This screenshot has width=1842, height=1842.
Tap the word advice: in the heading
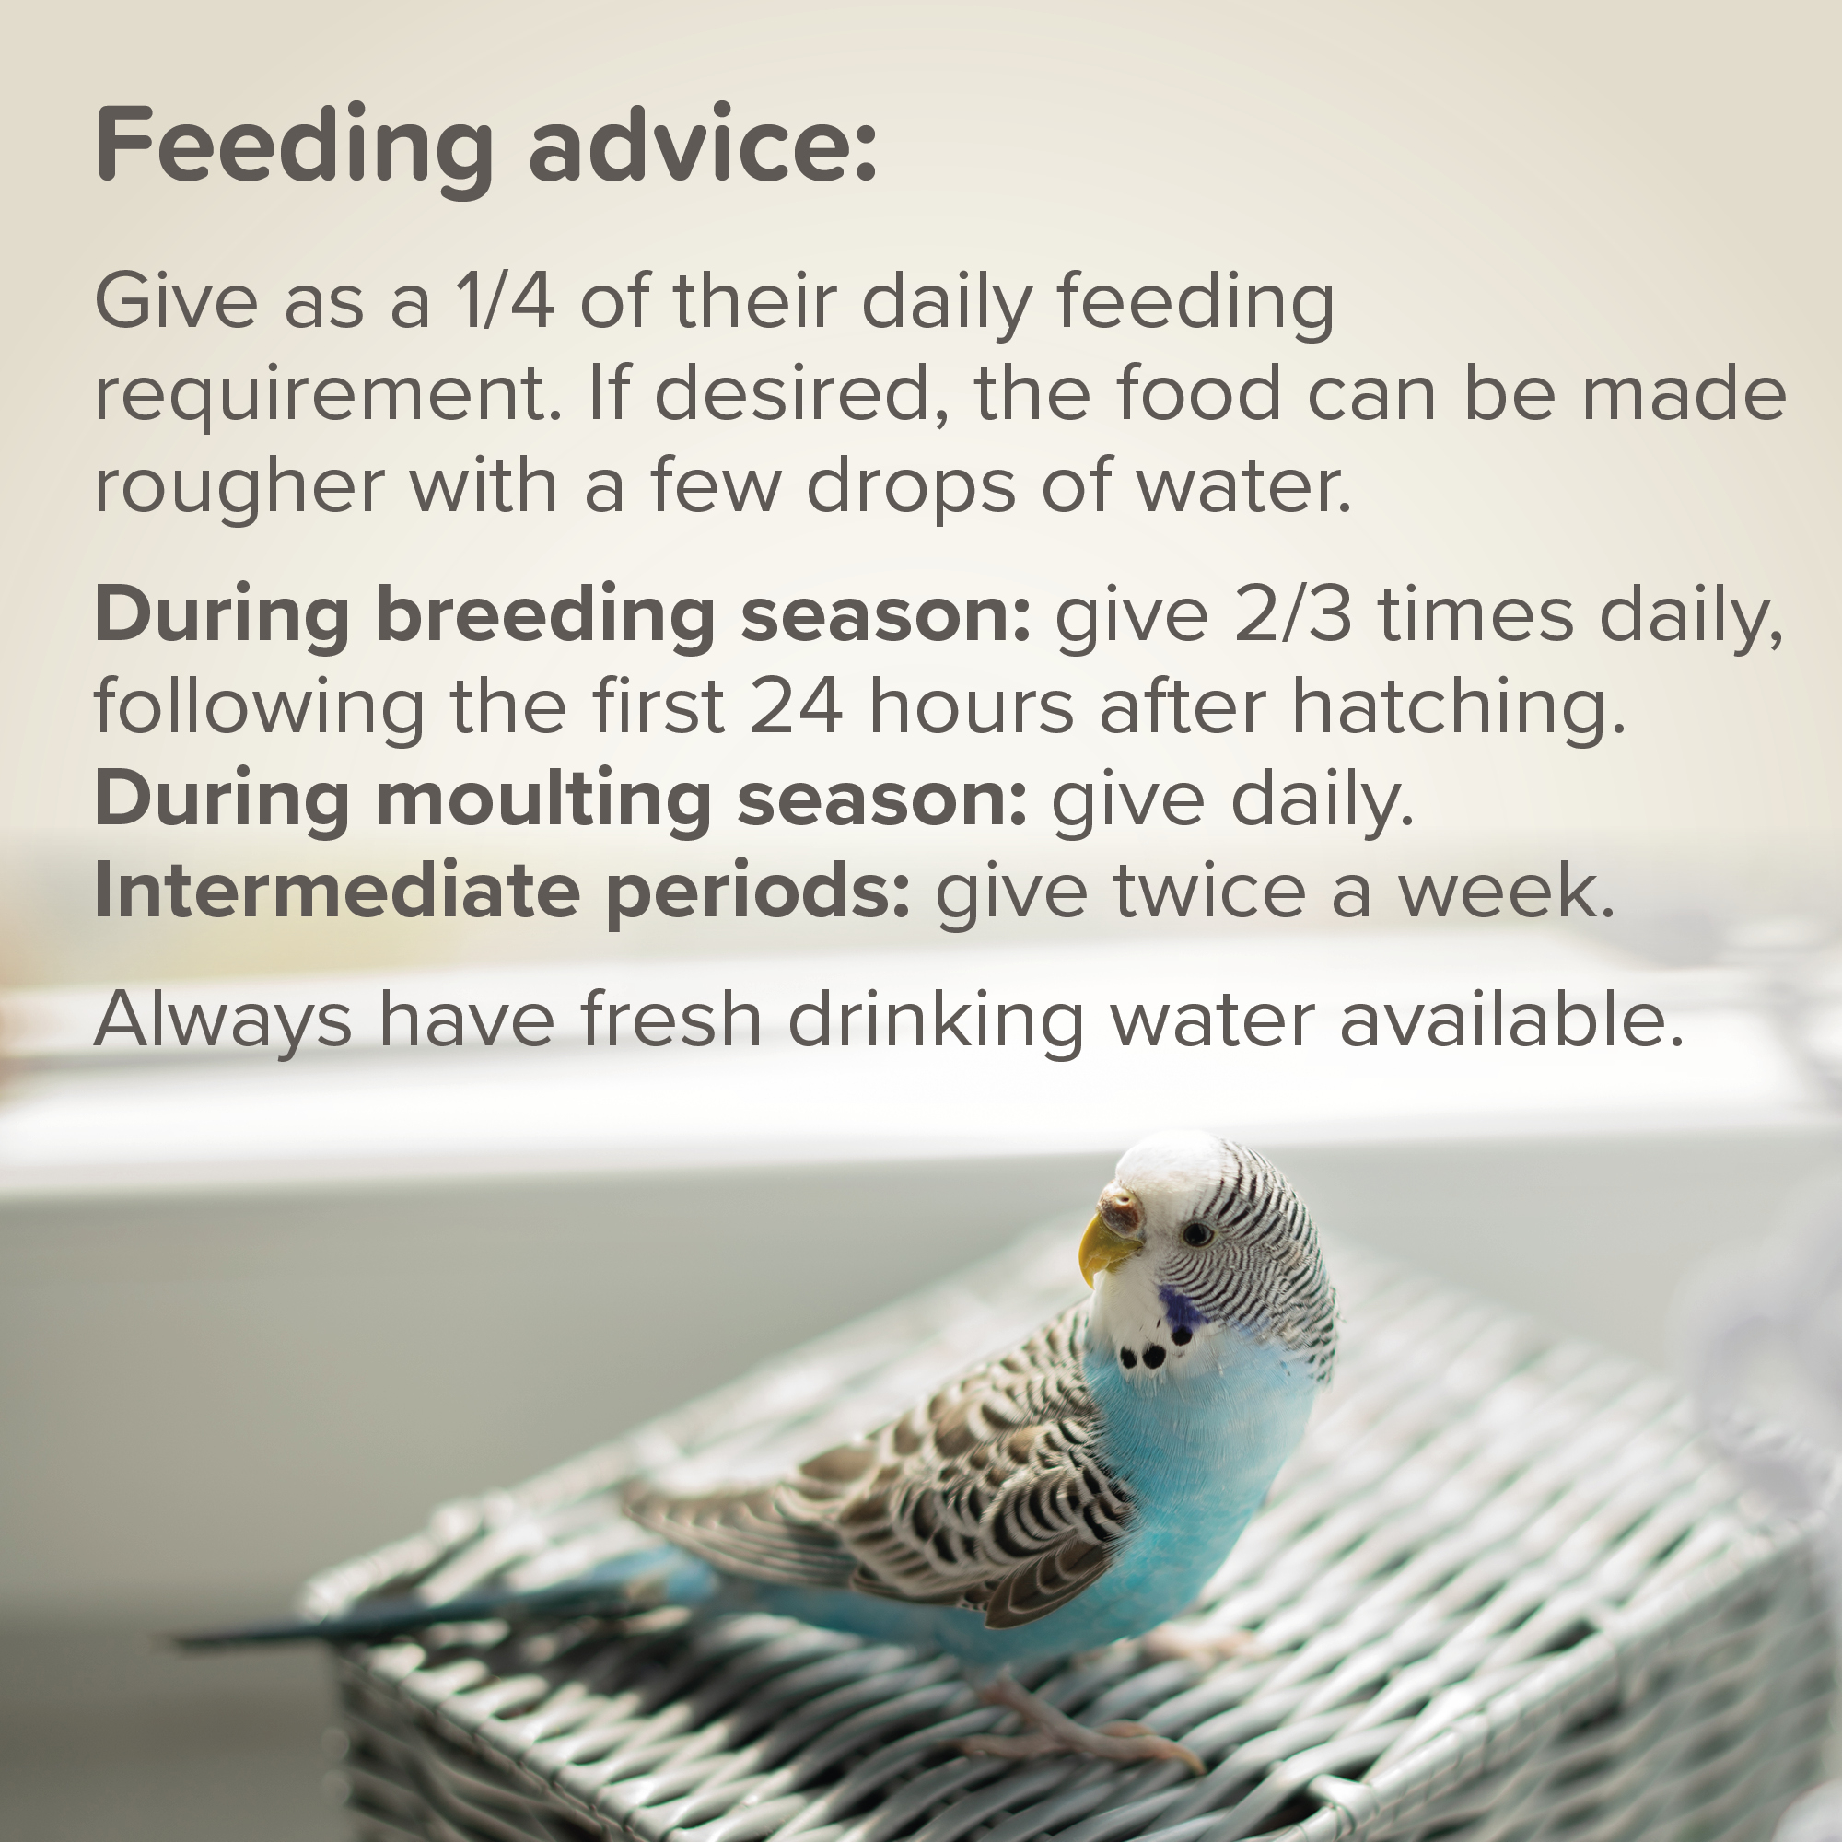[x=703, y=142]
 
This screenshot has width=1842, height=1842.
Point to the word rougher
[x=239, y=486]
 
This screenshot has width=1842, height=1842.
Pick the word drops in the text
[x=911, y=486]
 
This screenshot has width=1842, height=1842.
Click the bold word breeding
[x=545, y=617]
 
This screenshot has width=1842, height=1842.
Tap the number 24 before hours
[x=796, y=707]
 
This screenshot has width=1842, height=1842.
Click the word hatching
[x=1458, y=709]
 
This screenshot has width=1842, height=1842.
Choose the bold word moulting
[x=543, y=801]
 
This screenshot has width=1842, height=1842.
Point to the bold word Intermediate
[x=336, y=891]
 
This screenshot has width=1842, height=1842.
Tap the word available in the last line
[x=1512, y=1020]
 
